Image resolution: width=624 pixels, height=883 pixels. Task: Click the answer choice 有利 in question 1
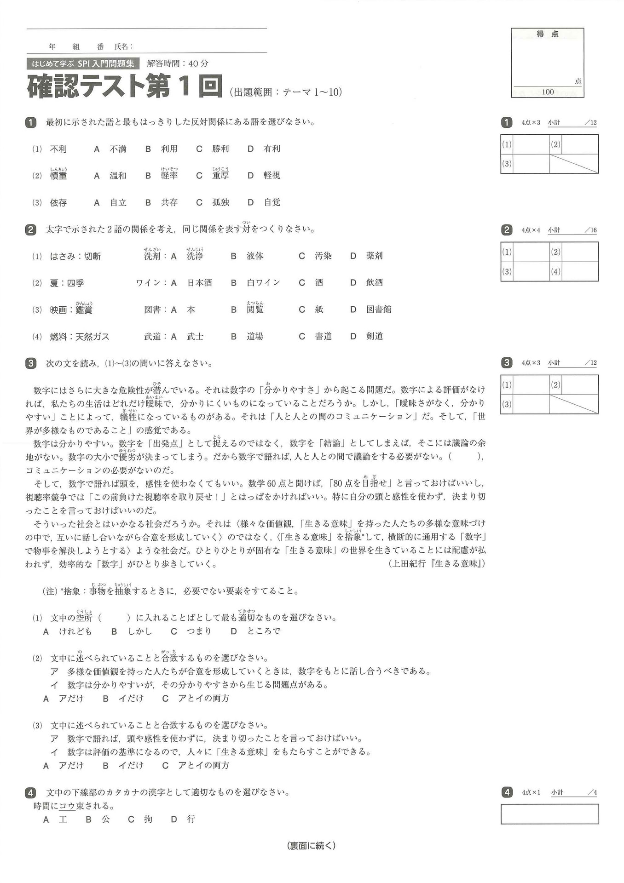point(272,149)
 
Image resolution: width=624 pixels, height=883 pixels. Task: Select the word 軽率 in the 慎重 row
point(169,176)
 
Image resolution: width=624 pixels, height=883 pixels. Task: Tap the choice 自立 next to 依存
point(118,202)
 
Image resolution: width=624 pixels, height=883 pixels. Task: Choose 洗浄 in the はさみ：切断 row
point(195,256)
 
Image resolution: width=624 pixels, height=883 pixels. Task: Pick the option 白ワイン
point(263,283)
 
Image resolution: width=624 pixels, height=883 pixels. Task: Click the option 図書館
point(379,310)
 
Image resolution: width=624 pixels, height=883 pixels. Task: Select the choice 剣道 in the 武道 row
point(375,336)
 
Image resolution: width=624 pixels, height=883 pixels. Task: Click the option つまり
point(199,631)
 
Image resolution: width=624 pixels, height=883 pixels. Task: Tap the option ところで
point(264,631)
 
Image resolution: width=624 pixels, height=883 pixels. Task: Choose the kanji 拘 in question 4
point(148,819)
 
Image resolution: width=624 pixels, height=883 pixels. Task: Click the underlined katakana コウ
point(67,806)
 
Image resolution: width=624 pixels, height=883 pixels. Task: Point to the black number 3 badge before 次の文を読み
point(30,363)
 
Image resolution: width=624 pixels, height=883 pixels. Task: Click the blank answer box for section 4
point(549,814)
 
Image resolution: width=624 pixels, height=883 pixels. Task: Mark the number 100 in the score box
point(548,92)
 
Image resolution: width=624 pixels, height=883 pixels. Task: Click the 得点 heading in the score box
point(548,34)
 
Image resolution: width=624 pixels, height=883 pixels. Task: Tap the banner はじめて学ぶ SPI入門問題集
point(83,63)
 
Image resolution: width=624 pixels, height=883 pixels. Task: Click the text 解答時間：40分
point(178,63)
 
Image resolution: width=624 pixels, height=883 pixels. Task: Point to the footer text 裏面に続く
point(312,845)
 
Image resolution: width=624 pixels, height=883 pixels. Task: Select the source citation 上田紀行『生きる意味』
point(437,563)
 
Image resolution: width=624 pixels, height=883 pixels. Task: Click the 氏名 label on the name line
point(123,46)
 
